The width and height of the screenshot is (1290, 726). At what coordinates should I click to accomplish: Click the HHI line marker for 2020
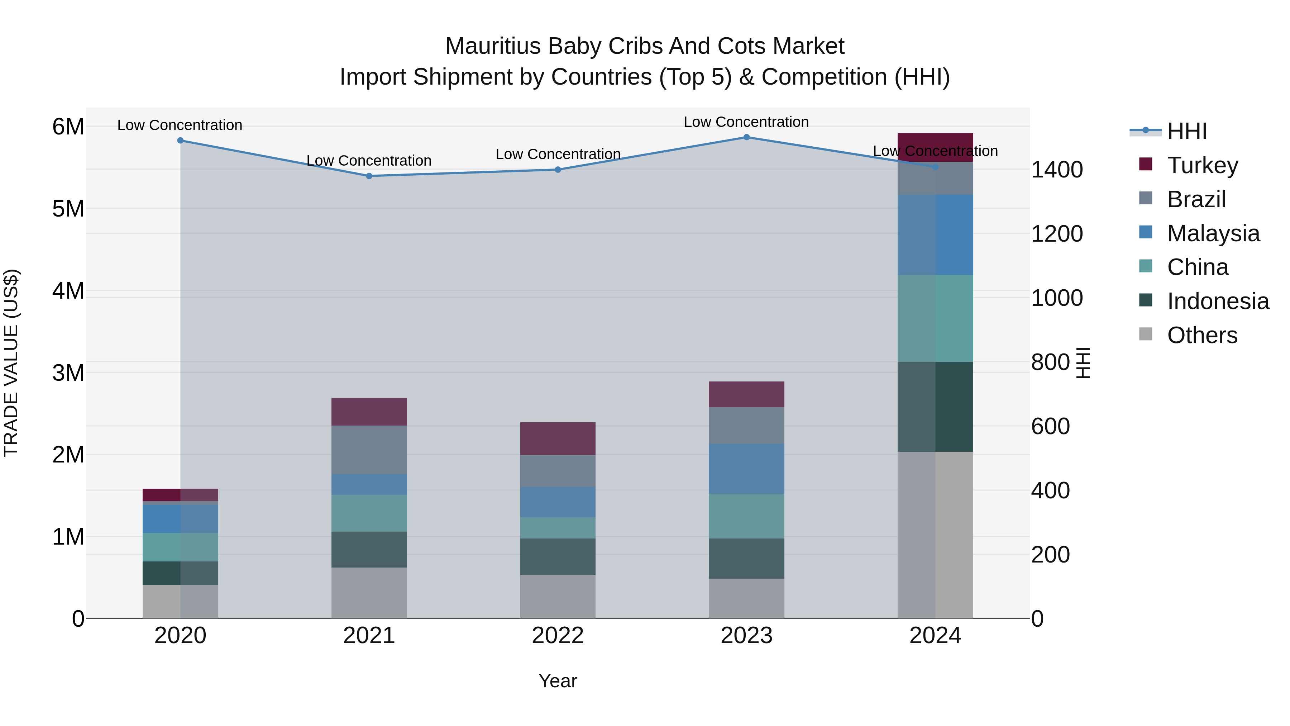[x=180, y=140]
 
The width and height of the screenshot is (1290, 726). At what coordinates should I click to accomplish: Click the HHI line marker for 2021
[x=369, y=176]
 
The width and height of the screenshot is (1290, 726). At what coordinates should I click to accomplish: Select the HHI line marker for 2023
[x=746, y=137]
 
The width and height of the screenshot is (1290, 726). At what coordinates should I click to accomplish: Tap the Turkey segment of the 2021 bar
[x=369, y=412]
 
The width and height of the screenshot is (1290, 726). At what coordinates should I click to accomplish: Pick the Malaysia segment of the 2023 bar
[x=746, y=469]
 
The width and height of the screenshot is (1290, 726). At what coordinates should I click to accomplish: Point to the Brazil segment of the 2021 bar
[x=369, y=450]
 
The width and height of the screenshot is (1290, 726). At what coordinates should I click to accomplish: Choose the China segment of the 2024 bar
[x=935, y=318]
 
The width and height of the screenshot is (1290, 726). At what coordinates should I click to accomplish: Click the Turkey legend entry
[x=1202, y=165]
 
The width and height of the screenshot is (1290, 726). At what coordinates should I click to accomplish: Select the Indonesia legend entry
[x=1217, y=301]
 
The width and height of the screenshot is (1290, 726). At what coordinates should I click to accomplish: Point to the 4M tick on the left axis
[x=68, y=291]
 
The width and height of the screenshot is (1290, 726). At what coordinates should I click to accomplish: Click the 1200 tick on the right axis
[x=1057, y=233]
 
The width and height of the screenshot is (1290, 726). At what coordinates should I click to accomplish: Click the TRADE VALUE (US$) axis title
[x=11, y=363]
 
